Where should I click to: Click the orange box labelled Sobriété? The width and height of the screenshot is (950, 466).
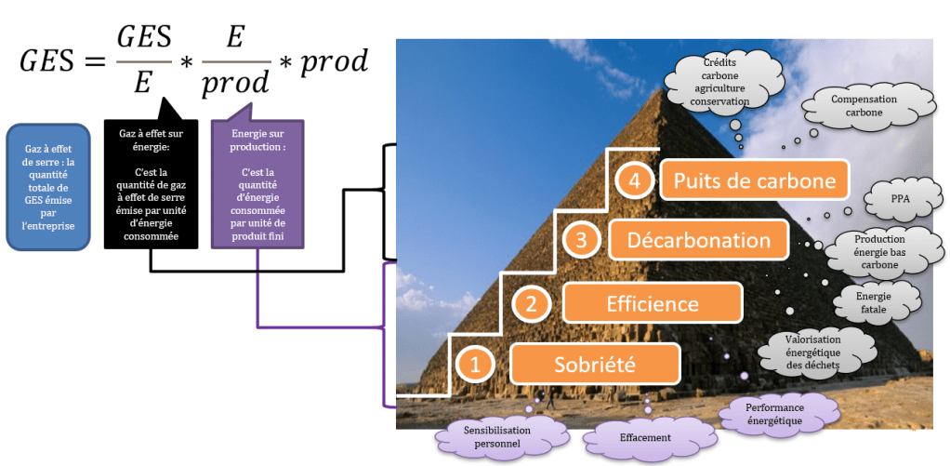(595, 364)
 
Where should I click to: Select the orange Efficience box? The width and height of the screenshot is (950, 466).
(652, 303)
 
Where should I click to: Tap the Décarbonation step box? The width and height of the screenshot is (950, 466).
(699, 240)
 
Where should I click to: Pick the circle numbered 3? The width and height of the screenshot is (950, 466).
(581, 240)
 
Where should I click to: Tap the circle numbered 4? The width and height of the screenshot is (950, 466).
(634, 180)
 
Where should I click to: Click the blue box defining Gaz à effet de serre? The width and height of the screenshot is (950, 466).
(48, 186)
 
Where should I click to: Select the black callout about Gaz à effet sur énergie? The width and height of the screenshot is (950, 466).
(150, 186)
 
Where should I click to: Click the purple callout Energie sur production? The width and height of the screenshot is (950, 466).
(257, 186)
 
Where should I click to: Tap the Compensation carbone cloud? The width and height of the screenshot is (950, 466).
(864, 106)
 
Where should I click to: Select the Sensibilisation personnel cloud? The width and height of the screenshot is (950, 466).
(496, 436)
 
